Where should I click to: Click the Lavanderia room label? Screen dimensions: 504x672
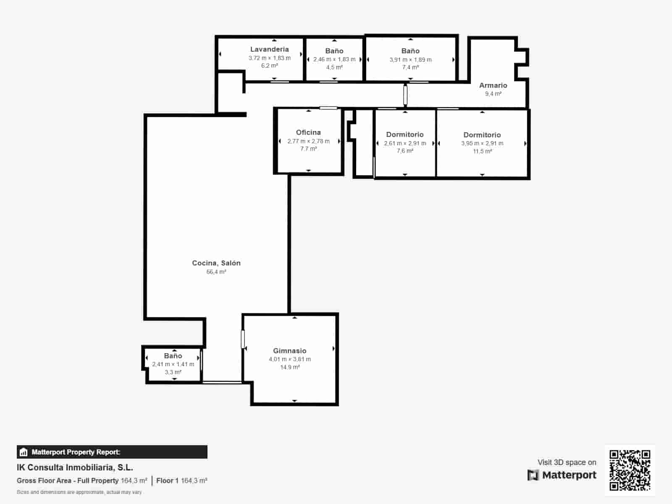click(x=269, y=49)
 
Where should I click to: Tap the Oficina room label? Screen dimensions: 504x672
click(x=308, y=132)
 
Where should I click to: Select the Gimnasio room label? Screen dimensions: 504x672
click(x=290, y=351)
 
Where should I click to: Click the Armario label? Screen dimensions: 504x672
click(x=493, y=85)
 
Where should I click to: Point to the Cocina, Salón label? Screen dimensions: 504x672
click(x=216, y=263)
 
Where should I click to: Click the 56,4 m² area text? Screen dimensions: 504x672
click(x=216, y=272)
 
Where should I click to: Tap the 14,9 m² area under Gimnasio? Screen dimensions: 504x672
click(x=290, y=367)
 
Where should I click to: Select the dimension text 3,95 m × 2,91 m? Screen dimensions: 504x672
click(x=482, y=143)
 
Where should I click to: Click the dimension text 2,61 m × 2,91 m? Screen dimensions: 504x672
click(x=405, y=143)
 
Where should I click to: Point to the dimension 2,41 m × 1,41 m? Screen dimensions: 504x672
click(x=173, y=364)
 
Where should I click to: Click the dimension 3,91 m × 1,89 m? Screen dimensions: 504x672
click(x=410, y=60)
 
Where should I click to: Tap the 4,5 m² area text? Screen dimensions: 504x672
click(x=334, y=67)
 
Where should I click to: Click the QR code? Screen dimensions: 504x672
click(x=630, y=470)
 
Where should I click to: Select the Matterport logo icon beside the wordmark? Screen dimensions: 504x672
click(x=533, y=475)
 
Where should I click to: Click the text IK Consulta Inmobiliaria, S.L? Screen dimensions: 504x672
click(x=75, y=467)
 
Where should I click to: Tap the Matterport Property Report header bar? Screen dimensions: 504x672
click(x=112, y=452)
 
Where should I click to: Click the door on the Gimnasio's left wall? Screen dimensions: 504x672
click(x=243, y=339)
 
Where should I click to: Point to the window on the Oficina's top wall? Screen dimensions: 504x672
click(x=328, y=108)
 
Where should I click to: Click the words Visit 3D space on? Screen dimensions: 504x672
click(x=567, y=462)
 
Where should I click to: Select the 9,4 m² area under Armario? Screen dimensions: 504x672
click(x=493, y=94)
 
